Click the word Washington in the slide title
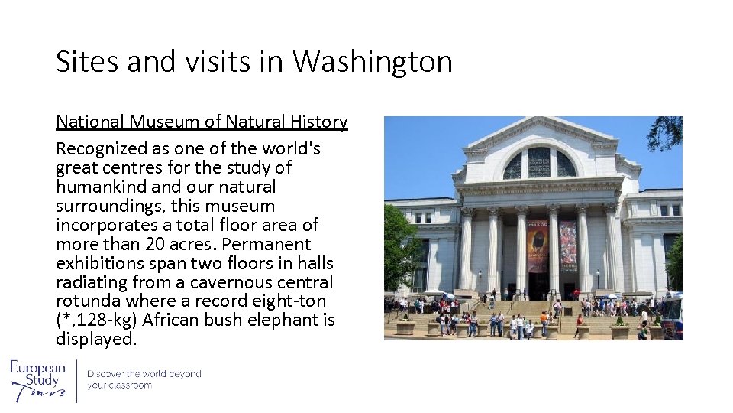[x=373, y=62]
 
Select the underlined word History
[x=318, y=122]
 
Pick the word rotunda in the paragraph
[x=88, y=301]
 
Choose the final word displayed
[x=95, y=340]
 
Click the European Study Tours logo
[x=38, y=380]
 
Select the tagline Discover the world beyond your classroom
[x=144, y=379]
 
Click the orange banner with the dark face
[x=538, y=246]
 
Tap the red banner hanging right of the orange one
[x=567, y=246]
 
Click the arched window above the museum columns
[x=539, y=163]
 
